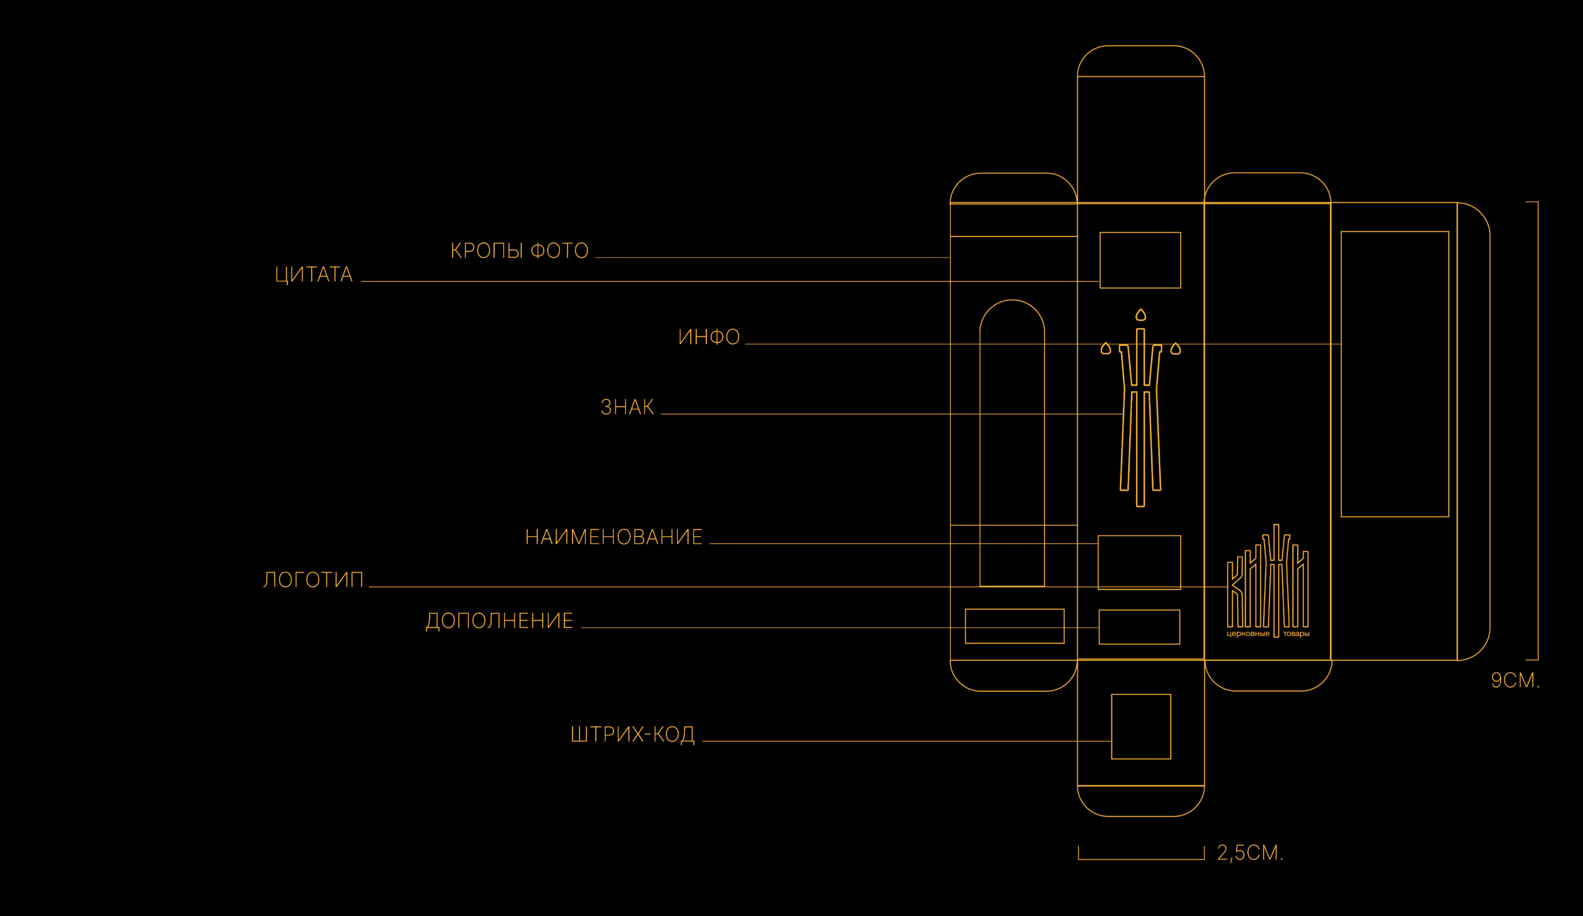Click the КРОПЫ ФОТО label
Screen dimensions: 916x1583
[x=519, y=250]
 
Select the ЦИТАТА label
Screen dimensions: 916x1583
[x=313, y=275]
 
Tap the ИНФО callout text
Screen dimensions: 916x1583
[x=708, y=337]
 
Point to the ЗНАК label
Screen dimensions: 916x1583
[x=627, y=407]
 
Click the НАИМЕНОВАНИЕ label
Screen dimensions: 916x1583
[x=613, y=537]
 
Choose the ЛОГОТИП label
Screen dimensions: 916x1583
[x=313, y=579]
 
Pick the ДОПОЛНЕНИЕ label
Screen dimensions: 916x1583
[x=500, y=621]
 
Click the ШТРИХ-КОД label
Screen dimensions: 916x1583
[x=632, y=735]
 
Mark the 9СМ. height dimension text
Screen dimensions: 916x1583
[x=1514, y=681]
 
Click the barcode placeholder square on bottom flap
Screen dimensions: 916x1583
[x=1141, y=727]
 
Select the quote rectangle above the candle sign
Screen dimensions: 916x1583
[x=1140, y=260]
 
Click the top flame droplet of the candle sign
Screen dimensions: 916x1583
[x=1140, y=315]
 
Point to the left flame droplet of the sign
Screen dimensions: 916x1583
[x=1106, y=349]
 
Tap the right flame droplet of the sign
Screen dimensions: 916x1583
[x=1175, y=349]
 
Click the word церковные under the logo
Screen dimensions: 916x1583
[x=1247, y=634]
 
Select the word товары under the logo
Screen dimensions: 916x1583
[x=1296, y=634]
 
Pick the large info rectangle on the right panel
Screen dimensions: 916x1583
[x=1395, y=375]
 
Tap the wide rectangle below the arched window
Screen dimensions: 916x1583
[x=1014, y=626]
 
